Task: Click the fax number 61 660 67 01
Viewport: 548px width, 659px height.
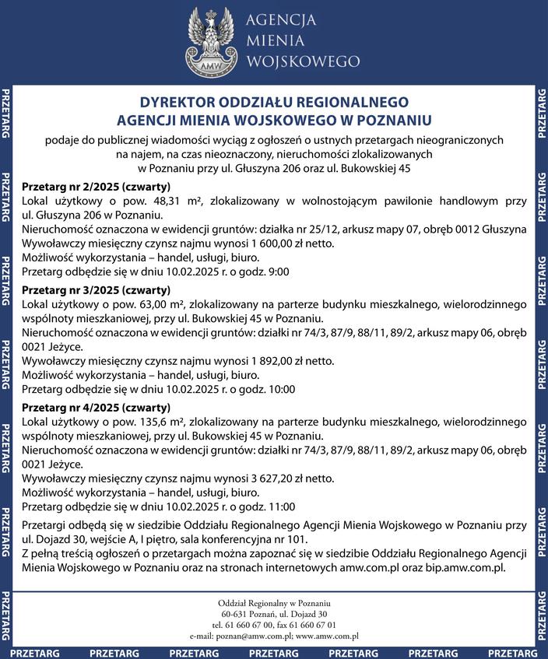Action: (x=311, y=625)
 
